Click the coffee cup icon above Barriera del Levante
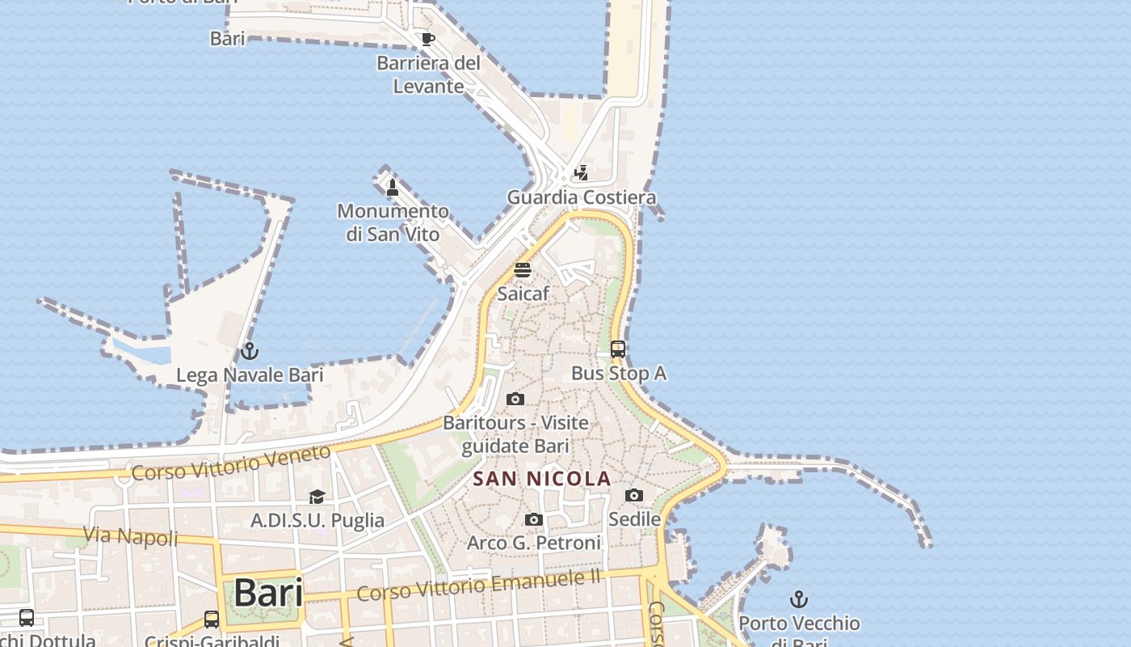(427, 39)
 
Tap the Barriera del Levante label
(428, 74)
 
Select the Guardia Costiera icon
(581, 172)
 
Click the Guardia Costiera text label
(581, 197)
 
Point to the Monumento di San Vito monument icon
(393, 188)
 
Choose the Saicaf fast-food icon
(523, 270)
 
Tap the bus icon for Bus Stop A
(618, 349)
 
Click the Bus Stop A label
(618, 374)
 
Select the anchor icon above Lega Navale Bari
(250, 351)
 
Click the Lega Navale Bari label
(250, 375)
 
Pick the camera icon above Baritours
(515, 399)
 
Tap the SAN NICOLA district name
(541, 479)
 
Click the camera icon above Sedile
(634, 495)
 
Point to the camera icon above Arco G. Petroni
(534, 519)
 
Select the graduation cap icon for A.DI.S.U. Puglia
(317, 497)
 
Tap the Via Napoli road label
(131, 535)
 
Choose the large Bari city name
(268, 594)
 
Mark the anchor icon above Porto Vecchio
(799, 599)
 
